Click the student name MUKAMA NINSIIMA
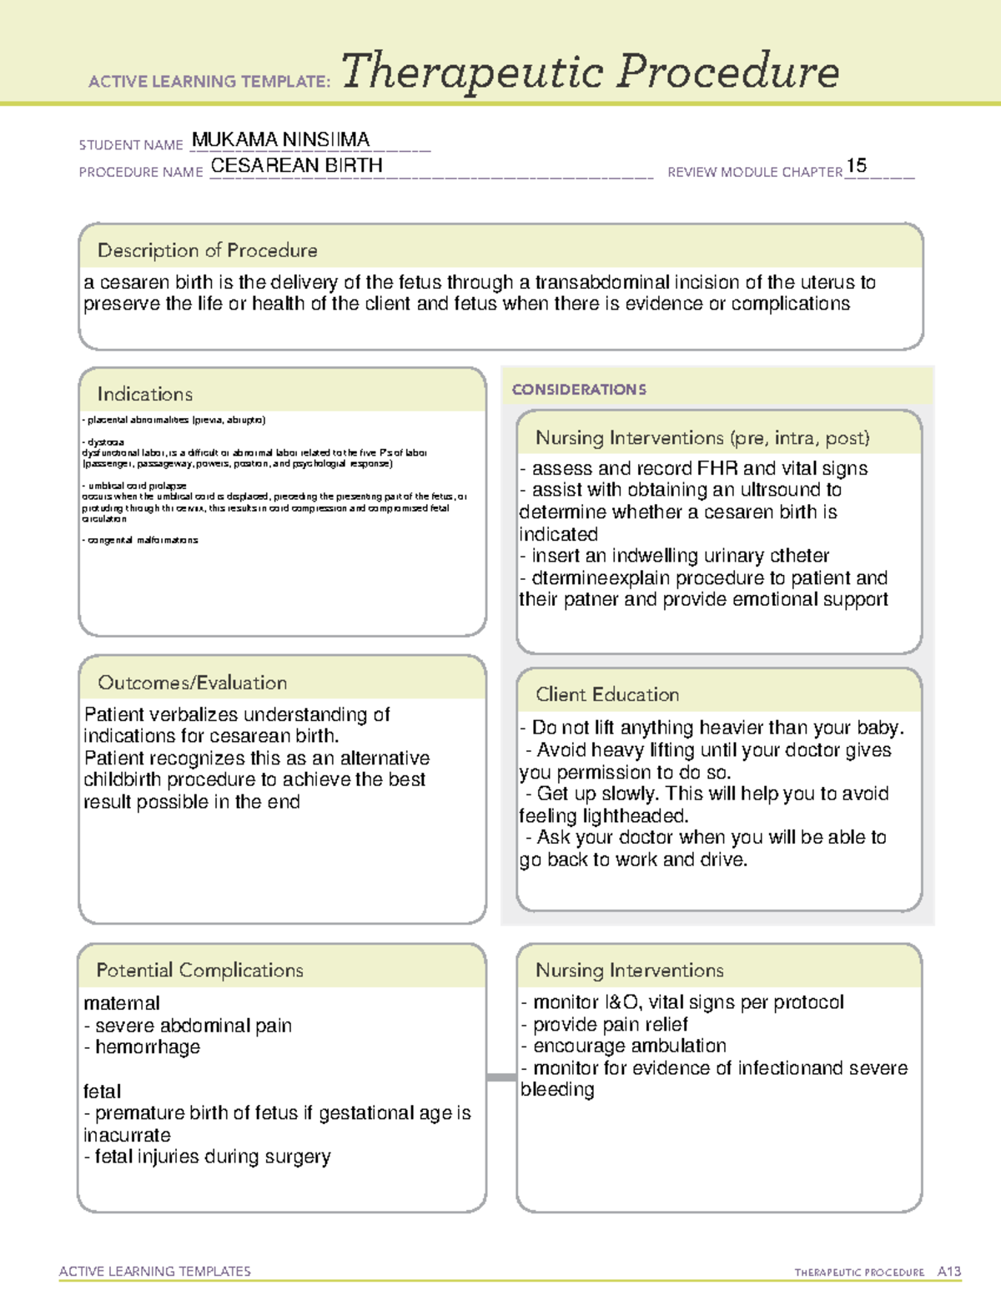[x=280, y=139]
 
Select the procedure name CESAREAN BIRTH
[x=296, y=166]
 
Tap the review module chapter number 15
[x=856, y=165]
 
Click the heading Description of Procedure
[x=207, y=250]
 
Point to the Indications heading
[x=144, y=394]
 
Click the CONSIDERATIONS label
[x=579, y=390]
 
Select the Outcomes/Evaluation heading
[x=192, y=683]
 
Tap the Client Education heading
[x=606, y=694]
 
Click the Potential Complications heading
[x=199, y=971]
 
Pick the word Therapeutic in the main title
[x=472, y=73]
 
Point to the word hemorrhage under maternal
[x=148, y=1047]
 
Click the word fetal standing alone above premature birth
[x=102, y=1092]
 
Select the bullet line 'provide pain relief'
[x=610, y=1024]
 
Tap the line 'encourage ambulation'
[x=629, y=1046]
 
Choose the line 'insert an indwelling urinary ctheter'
[x=680, y=556]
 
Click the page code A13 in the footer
[x=948, y=1271]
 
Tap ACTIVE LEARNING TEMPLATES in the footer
[x=155, y=1271]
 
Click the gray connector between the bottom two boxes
[x=501, y=1077]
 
